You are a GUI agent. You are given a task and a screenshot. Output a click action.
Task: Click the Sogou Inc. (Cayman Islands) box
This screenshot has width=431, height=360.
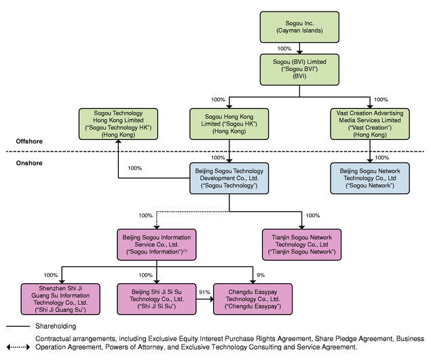point(299,27)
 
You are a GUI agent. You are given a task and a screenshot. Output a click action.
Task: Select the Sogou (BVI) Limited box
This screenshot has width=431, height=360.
point(299,69)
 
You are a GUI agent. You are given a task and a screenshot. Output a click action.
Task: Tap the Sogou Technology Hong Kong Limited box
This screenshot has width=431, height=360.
point(118,124)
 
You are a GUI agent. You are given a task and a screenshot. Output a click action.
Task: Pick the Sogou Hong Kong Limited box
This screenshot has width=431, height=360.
point(229,124)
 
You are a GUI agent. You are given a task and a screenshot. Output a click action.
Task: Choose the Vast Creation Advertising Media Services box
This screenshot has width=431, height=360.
point(370,124)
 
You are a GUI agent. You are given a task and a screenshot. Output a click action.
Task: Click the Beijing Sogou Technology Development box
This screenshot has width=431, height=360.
point(229,178)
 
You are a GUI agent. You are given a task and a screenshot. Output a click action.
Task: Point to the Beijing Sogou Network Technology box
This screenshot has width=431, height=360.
point(370,178)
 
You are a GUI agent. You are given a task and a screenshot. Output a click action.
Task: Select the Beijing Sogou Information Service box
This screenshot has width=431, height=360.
point(156,245)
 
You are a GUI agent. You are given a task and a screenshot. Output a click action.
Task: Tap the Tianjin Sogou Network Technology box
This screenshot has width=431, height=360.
point(301,245)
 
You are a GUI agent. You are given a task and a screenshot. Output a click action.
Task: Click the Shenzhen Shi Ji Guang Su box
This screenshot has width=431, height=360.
point(60,299)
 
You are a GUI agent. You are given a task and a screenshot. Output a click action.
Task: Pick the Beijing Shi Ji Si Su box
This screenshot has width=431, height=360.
point(156,299)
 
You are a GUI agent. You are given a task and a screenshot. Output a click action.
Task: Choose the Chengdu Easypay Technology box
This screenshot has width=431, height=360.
point(252,299)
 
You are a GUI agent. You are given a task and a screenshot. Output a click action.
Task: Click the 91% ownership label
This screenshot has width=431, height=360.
point(204,292)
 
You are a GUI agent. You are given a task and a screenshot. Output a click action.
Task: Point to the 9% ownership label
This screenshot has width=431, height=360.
point(261,274)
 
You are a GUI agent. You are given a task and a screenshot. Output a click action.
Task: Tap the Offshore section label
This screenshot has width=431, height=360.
point(29,141)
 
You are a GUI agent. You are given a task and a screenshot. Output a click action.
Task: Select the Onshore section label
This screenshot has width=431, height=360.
point(29,163)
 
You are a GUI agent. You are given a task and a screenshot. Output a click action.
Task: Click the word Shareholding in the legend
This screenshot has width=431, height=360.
point(56,326)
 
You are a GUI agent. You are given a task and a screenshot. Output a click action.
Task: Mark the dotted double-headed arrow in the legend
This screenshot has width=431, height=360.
point(18,347)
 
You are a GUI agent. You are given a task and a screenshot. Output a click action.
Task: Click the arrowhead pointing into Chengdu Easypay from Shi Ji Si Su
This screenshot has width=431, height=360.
point(212,299)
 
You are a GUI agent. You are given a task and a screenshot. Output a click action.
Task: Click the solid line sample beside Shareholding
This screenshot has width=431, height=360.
point(18,327)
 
